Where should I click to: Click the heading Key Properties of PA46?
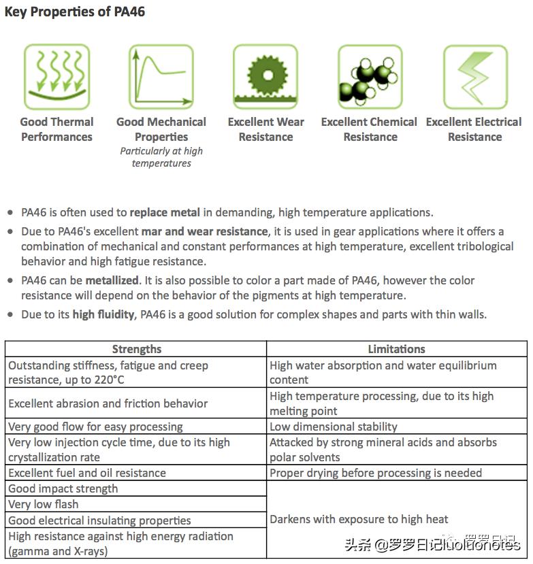(75, 12)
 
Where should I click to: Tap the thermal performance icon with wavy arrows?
(56, 77)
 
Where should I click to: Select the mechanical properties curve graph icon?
(161, 77)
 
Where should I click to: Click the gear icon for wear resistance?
(265, 77)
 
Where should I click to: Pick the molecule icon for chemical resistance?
(370, 77)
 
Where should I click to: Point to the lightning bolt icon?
(474, 77)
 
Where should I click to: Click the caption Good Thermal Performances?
(56, 129)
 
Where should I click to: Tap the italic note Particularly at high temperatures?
(161, 157)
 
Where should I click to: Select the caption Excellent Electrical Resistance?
(474, 129)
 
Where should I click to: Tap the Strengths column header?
(136, 349)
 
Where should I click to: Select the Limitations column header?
(396, 349)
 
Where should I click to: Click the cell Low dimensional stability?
(334, 427)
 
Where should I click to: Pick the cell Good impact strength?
(63, 488)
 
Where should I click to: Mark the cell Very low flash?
(44, 504)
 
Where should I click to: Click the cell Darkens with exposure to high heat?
(359, 520)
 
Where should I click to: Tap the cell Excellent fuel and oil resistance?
(87, 473)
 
